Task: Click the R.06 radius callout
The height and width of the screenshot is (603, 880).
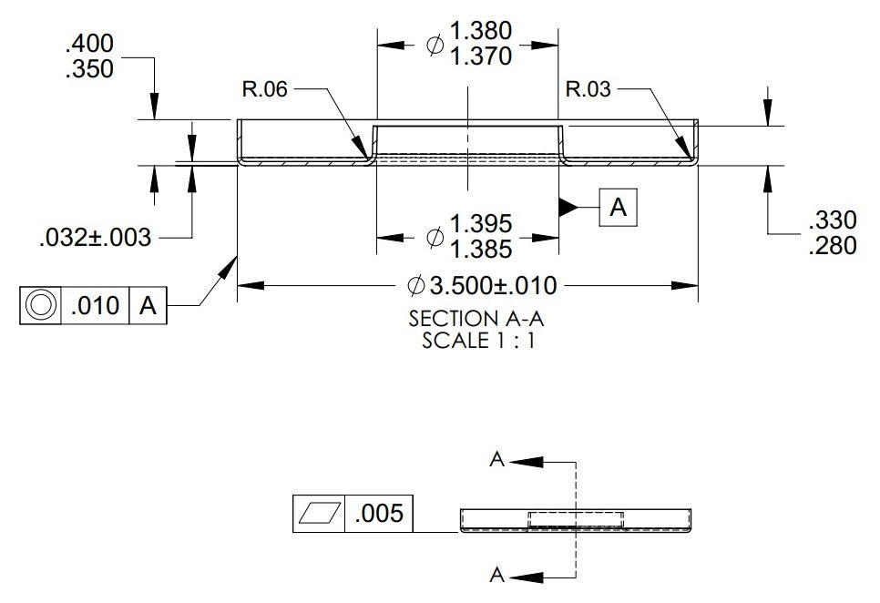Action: click(264, 88)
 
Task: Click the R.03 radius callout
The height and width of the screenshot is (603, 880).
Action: click(588, 88)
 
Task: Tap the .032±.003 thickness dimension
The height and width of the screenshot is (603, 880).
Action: click(96, 237)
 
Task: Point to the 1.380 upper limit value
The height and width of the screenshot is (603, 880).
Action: click(481, 31)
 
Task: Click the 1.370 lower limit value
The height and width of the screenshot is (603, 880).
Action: click(481, 56)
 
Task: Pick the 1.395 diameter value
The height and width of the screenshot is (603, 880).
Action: click(481, 224)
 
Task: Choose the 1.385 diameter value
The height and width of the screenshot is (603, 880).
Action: click(481, 249)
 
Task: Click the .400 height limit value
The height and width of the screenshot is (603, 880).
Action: click(90, 43)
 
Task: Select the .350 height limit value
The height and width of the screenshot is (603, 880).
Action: click(90, 69)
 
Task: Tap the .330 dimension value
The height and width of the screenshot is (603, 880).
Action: click(833, 220)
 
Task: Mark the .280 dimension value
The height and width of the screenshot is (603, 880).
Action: click(833, 246)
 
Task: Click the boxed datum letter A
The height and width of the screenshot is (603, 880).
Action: click(618, 208)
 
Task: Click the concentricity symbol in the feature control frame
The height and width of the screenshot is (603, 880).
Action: click(40, 305)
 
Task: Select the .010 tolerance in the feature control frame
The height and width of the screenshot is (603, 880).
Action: click(96, 306)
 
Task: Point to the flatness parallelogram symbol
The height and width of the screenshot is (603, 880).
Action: click(320, 513)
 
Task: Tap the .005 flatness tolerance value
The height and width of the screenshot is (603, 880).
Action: click(379, 513)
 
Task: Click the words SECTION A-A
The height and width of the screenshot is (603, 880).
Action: click(476, 319)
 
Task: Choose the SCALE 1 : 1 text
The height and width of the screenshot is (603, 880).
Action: click(479, 341)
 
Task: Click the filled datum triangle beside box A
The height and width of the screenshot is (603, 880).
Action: click(568, 208)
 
